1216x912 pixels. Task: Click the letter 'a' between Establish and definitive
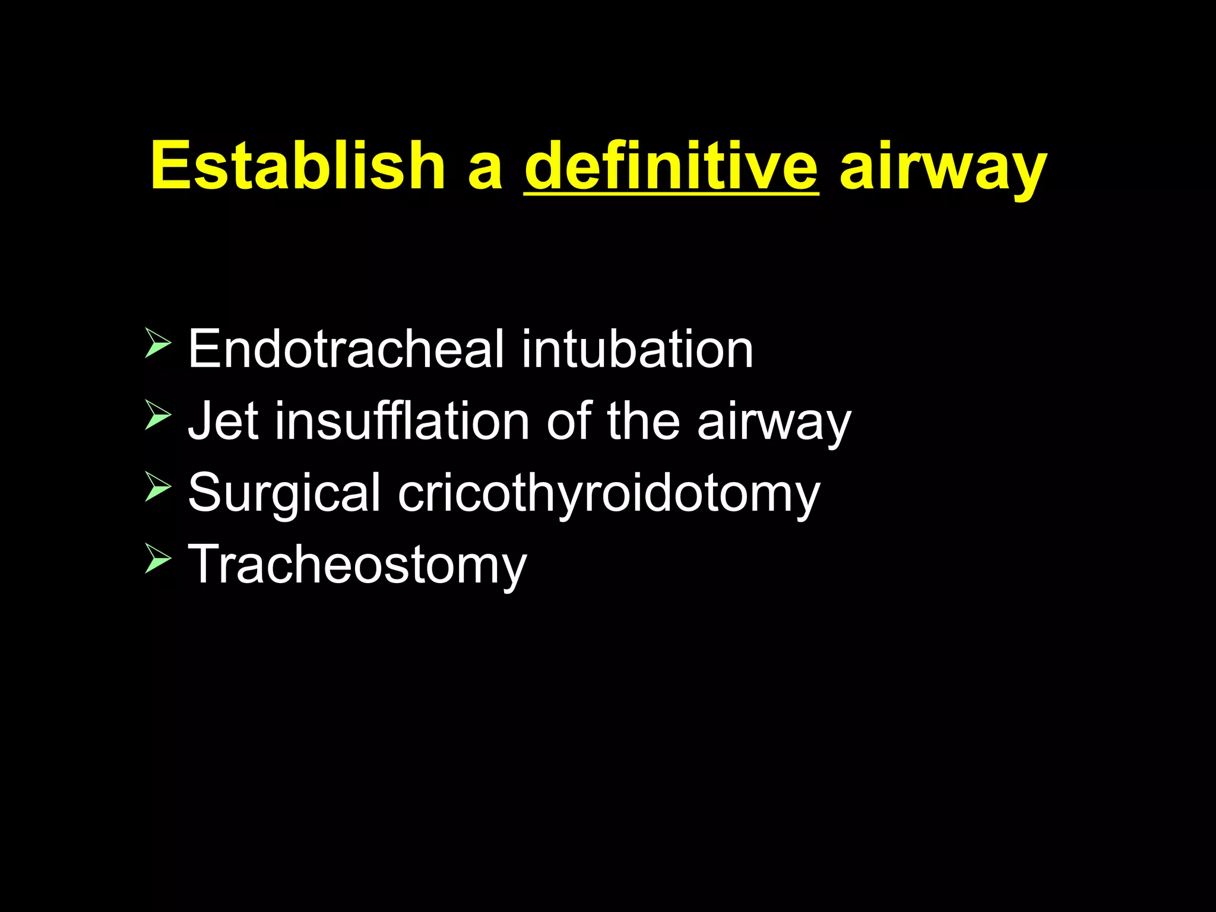pyautogui.click(x=485, y=172)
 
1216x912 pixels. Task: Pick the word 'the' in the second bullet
pyautogui.click(x=643, y=421)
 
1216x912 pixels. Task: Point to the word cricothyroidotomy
pyautogui.click(x=609, y=495)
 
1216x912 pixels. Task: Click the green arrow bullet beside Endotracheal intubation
pyautogui.click(x=157, y=344)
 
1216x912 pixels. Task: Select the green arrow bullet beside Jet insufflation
pyautogui.click(x=157, y=415)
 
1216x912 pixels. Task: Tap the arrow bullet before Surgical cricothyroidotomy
pyautogui.click(x=157, y=487)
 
